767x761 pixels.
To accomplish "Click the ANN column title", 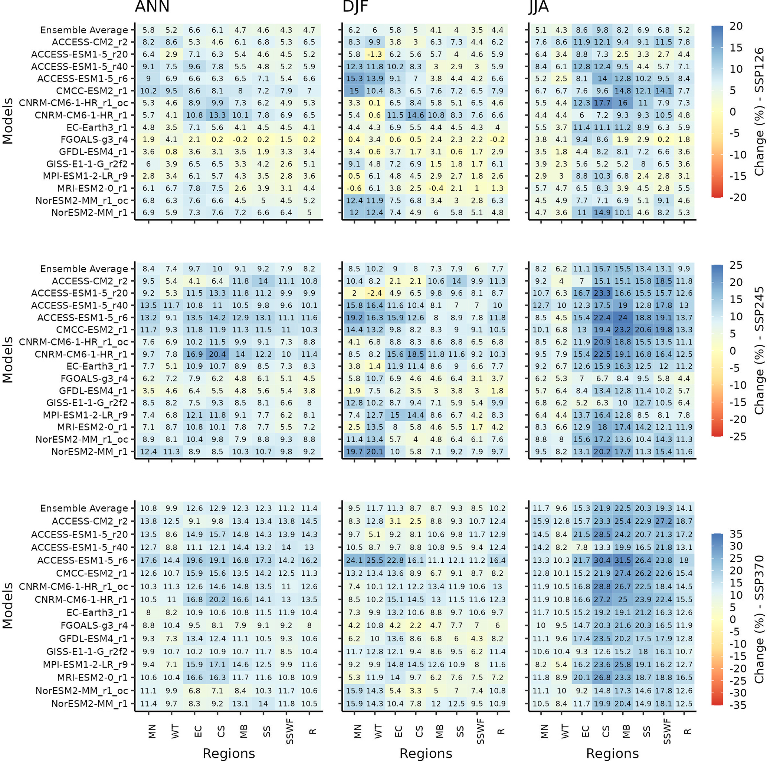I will pyautogui.click(x=152, y=7).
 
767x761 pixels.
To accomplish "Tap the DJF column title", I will pyautogui.click(x=355, y=7).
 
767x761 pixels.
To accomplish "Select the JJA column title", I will pyautogui.click(x=539, y=7).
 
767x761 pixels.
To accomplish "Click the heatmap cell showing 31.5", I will pyautogui.click(x=623, y=560).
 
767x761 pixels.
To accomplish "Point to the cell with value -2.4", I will pyautogui.click(x=375, y=294).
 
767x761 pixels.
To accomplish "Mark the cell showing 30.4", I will pyautogui.click(x=602, y=560).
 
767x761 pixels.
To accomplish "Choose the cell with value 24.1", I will pyautogui.click(x=354, y=560).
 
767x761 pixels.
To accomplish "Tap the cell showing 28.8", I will pyautogui.click(x=602, y=586).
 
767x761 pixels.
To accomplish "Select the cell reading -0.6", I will pyautogui.click(x=354, y=188).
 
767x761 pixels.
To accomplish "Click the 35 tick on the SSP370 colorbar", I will pyautogui.click(x=735, y=534).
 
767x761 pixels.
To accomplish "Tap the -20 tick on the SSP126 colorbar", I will pyautogui.click(x=738, y=198).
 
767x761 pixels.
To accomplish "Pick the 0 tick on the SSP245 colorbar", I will pyautogui.click(x=732, y=351).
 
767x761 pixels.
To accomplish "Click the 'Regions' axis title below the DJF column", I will pyautogui.click(x=426, y=754).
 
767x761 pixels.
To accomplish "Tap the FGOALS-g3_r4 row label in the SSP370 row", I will pyautogui.click(x=94, y=625).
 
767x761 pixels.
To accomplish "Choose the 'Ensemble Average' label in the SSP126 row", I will pyautogui.click(x=84, y=30).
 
